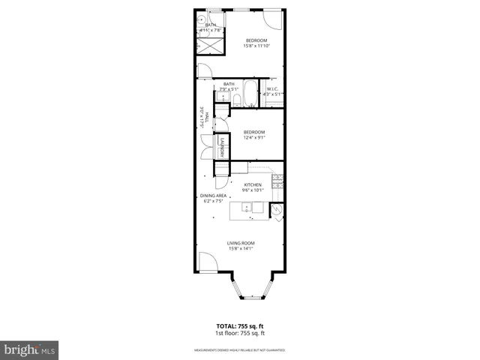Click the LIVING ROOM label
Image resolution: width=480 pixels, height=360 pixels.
[241, 243]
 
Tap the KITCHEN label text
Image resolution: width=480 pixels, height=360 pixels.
[253, 184]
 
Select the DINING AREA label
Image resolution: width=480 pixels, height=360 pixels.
[213, 196]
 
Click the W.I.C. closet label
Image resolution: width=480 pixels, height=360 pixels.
[272, 89]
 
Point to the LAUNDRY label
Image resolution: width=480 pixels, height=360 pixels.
[222, 148]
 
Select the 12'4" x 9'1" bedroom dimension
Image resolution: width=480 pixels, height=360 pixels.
[253, 137]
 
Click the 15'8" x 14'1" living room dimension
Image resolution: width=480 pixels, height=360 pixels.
[241, 249]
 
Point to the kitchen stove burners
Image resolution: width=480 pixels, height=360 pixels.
[277, 179]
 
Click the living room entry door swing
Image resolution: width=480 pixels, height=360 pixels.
[206, 262]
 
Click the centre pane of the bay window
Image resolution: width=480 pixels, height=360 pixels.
[251, 297]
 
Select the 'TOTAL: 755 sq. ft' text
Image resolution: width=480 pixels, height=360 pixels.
[241, 326]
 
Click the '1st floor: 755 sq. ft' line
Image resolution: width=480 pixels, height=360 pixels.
[241, 333]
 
